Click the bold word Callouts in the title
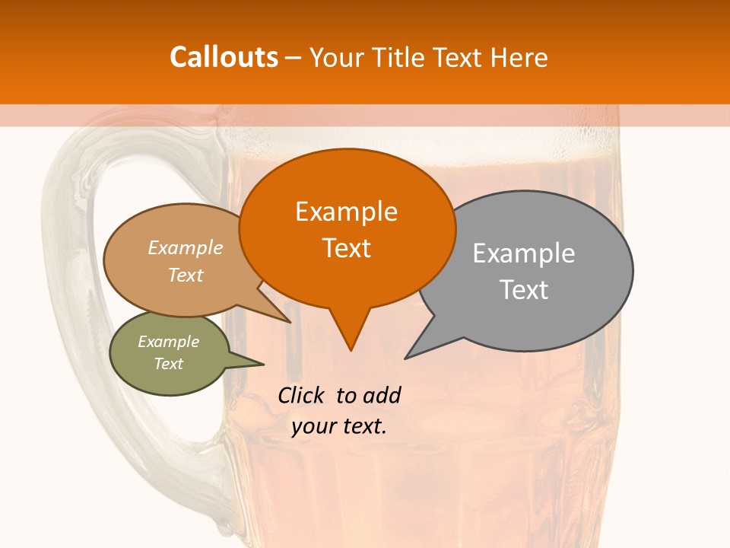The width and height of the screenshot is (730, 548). [224, 57]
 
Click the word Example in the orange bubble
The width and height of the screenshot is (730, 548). [346, 212]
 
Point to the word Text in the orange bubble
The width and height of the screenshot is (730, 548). [346, 248]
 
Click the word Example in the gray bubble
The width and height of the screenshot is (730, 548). [523, 253]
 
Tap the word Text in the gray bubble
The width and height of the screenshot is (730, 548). [523, 290]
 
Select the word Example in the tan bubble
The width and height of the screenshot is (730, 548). [185, 248]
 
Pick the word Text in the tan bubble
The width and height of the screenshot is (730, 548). [185, 275]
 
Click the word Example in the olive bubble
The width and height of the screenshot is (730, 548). [168, 342]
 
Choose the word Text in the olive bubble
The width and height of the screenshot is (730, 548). [168, 364]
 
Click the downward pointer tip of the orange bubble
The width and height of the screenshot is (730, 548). [351, 349]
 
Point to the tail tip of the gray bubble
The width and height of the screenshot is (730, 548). [406, 358]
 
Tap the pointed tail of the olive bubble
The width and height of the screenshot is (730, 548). [262, 364]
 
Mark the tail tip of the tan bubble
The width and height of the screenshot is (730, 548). [290, 321]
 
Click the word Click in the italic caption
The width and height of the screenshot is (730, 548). [301, 395]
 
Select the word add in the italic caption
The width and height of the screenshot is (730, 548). [382, 395]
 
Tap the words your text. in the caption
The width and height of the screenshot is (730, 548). [338, 426]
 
